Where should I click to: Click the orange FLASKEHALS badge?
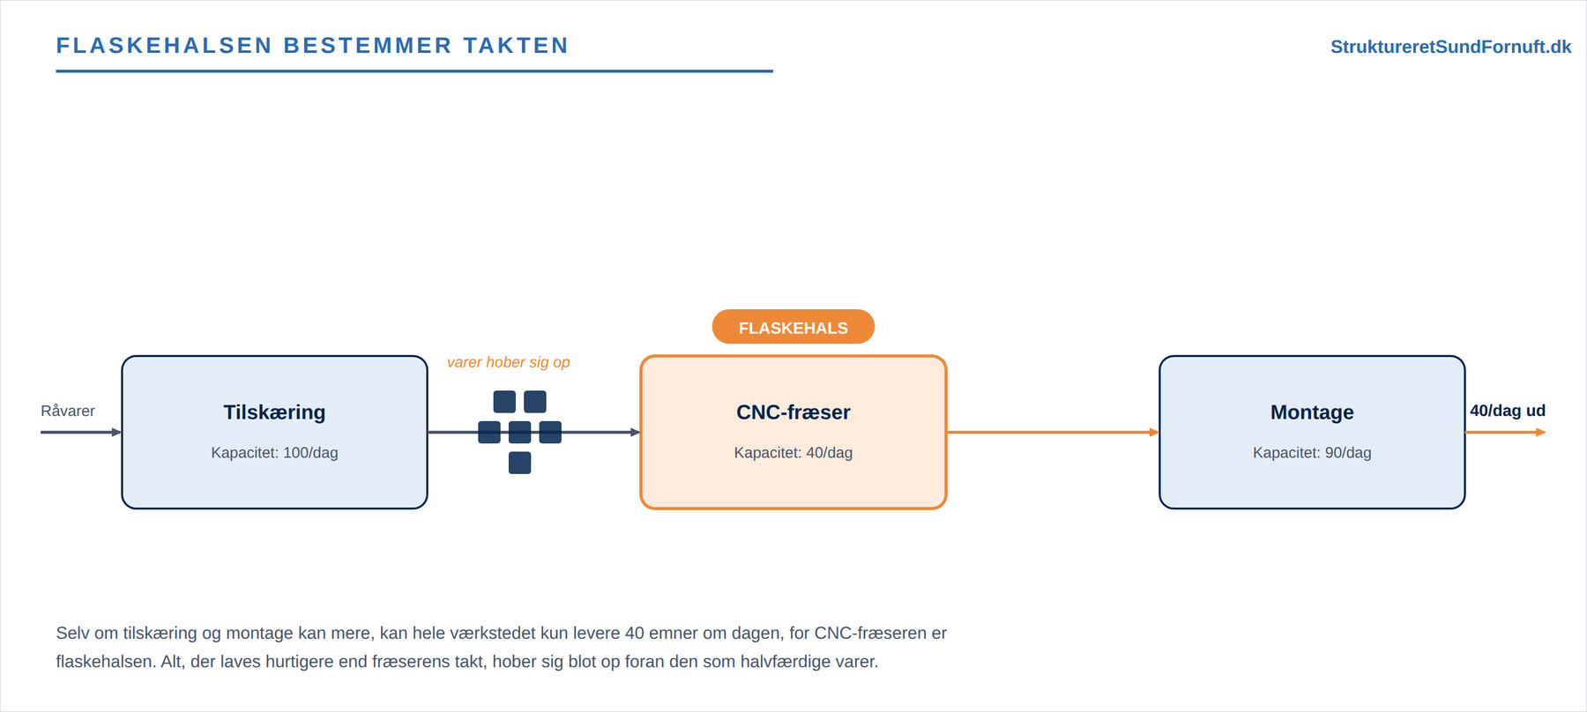click(793, 327)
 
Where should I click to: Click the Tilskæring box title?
click(274, 412)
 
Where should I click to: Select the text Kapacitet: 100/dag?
click(274, 453)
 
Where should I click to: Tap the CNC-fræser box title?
click(793, 412)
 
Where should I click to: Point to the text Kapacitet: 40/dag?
click(793, 453)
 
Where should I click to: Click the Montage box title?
click(1312, 412)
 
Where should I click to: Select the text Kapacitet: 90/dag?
click(1312, 453)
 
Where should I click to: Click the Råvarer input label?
click(68, 411)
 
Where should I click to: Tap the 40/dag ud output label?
click(1508, 411)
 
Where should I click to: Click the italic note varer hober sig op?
click(509, 362)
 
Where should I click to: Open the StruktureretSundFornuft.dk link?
click(1451, 47)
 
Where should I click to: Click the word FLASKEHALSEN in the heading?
click(165, 46)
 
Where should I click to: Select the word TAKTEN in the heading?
click(517, 46)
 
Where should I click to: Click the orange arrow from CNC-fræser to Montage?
click(1053, 433)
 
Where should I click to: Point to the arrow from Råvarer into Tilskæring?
click(81, 433)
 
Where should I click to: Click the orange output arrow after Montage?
click(1506, 433)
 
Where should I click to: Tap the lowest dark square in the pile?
click(520, 463)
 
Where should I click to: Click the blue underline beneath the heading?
click(414, 71)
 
